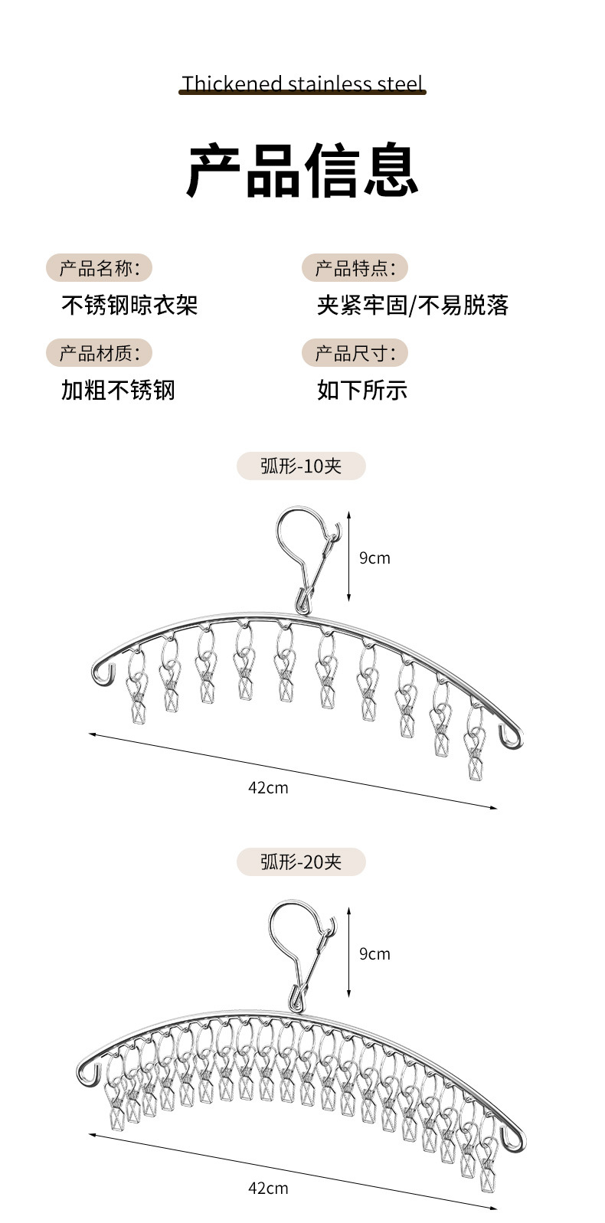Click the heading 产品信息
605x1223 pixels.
(302, 170)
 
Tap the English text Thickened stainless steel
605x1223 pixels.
(302, 83)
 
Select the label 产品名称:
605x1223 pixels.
(100, 268)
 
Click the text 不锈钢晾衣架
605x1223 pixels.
(129, 306)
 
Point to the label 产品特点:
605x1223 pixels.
(355, 268)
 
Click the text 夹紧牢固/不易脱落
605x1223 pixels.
(413, 306)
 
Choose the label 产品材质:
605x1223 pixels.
(100, 353)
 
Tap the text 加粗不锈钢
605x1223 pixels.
(118, 390)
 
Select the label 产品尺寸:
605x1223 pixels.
(355, 353)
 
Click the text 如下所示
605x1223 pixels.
(362, 390)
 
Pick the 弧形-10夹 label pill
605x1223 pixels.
(301, 466)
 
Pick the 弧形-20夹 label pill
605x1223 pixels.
(301, 862)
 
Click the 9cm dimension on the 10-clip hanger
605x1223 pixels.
(374, 558)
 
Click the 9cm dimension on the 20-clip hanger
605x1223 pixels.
(374, 954)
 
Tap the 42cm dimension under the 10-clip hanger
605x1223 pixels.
(268, 787)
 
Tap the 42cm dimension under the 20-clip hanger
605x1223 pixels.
(268, 1188)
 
